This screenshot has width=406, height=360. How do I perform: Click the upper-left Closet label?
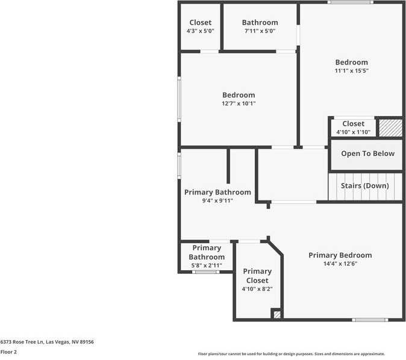pyautogui.click(x=201, y=23)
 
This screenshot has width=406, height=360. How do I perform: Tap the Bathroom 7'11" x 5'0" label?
pyautogui.click(x=260, y=23)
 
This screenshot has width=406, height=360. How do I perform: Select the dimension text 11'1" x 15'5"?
pyautogui.click(x=352, y=70)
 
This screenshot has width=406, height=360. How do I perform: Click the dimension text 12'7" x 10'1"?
pyautogui.click(x=239, y=104)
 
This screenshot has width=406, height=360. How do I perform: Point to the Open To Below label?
pyautogui.click(x=367, y=154)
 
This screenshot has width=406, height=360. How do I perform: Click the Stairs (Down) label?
pyautogui.click(x=365, y=186)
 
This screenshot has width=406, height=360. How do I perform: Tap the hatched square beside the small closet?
pyautogui.click(x=390, y=128)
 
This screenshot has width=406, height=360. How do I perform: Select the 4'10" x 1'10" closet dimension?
pyautogui.click(x=353, y=132)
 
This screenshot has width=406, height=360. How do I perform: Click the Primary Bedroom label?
pyautogui.click(x=340, y=255)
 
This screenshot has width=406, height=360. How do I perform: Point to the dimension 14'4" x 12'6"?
pyautogui.click(x=340, y=264)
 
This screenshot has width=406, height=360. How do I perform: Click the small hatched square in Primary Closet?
pyautogui.click(x=276, y=314)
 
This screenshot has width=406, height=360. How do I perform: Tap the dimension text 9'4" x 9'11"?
pyautogui.click(x=217, y=201)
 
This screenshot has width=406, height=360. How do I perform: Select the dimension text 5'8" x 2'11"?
pyautogui.click(x=207, y=265)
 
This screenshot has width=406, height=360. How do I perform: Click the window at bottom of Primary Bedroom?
pyautogui.click(x=370, y=320)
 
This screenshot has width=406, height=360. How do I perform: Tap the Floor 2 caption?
pyautogui.click(x=8, y=352)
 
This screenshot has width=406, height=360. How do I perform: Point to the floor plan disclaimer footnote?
pyautogui.click(x=292, y=354)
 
